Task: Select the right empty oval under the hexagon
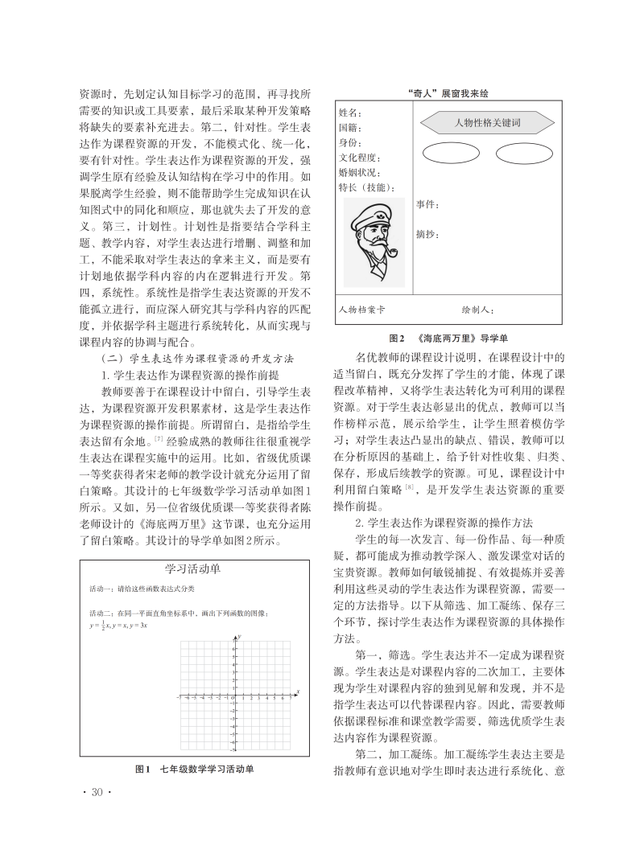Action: (523, 153)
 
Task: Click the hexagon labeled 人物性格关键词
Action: (488, 123)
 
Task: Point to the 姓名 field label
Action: (351, 113)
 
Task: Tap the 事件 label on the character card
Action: (427, 205)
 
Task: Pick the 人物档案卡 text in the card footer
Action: (362, 309)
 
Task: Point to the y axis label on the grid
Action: (240, 637)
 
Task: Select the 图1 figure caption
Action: (193, 770)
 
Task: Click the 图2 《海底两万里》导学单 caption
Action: (443, 339)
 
